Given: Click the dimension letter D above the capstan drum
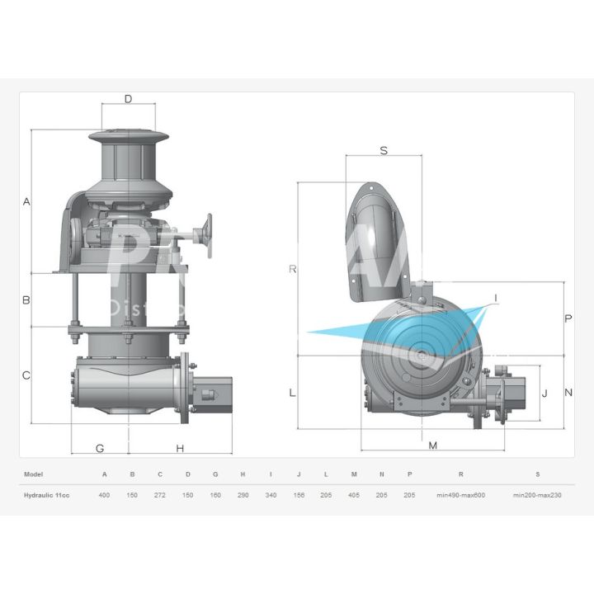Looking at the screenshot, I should click(128, 99).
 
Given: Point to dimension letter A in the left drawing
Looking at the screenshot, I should click(26, 202).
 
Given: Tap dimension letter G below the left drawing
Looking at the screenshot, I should click(100, 449).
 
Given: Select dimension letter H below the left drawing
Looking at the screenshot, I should click(180, 449).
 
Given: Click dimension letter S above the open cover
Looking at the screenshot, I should click(384, 150).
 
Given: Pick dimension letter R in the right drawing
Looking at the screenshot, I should click(292, 269).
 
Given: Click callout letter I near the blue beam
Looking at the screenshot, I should click(495, 297).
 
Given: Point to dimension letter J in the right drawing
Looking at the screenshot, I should click(544, 394).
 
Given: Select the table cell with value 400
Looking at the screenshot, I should click(104, 495).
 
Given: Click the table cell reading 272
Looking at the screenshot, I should click(160, 495).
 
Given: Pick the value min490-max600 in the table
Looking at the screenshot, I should click(460, 495).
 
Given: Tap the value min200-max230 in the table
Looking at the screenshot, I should click(537, 495).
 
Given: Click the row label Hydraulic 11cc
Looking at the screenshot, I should click(46, 495).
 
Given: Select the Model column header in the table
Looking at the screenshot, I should click(34, 474).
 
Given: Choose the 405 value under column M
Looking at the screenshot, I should click(354, 495).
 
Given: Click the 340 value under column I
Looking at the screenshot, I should click(271, 495).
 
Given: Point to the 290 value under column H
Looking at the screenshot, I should click(243, 495).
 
